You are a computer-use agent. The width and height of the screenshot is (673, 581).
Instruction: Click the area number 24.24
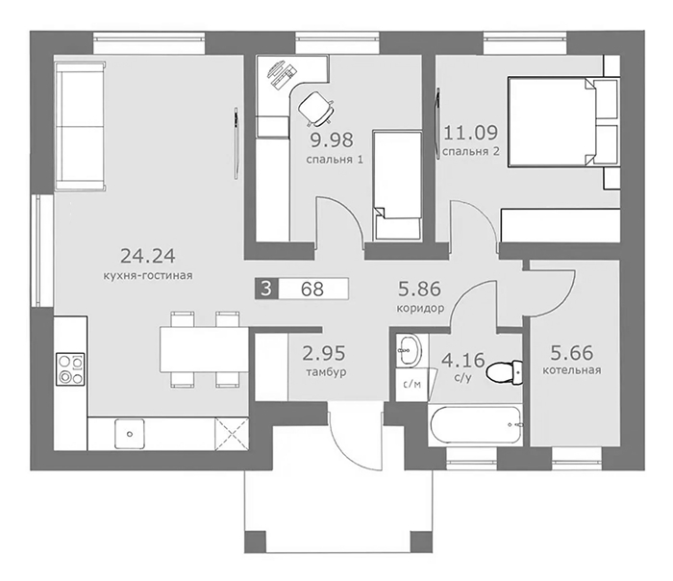tap(148, 256)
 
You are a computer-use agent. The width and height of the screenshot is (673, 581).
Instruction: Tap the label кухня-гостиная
tap(148, 275)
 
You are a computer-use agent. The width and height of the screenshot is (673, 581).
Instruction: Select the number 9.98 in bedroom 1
tap(333, 139)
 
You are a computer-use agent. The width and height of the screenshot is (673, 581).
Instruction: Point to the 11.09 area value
tap(470, 132)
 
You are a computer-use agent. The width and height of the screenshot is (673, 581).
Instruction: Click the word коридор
tap(420, 309)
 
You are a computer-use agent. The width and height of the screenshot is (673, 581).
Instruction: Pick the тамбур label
tap(326, 372)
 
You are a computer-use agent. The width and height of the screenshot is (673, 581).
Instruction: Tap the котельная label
tap(572, 369)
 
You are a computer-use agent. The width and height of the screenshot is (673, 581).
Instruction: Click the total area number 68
tap(312, 289)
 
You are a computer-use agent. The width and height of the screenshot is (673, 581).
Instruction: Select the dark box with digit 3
tap(266, 289)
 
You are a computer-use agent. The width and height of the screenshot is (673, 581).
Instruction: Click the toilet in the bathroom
tap(505, 372)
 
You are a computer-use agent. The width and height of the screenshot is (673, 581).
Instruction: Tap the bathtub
tap(476, 425)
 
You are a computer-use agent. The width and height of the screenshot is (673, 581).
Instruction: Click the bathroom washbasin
tap(409, 349)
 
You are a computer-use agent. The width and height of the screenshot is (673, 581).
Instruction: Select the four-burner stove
tap(70, 369)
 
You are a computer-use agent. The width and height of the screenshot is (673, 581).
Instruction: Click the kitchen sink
tap(129, 434)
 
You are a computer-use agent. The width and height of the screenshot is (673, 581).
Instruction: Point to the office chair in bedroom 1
tap(316, 109)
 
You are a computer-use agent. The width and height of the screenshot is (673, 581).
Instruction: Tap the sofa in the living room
tap(80, 125)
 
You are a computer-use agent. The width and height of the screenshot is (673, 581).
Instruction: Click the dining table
tap(204, 349)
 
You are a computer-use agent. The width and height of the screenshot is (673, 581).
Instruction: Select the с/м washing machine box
tap(411, 385)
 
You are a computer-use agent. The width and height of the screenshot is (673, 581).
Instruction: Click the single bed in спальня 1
tap(397, 186)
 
